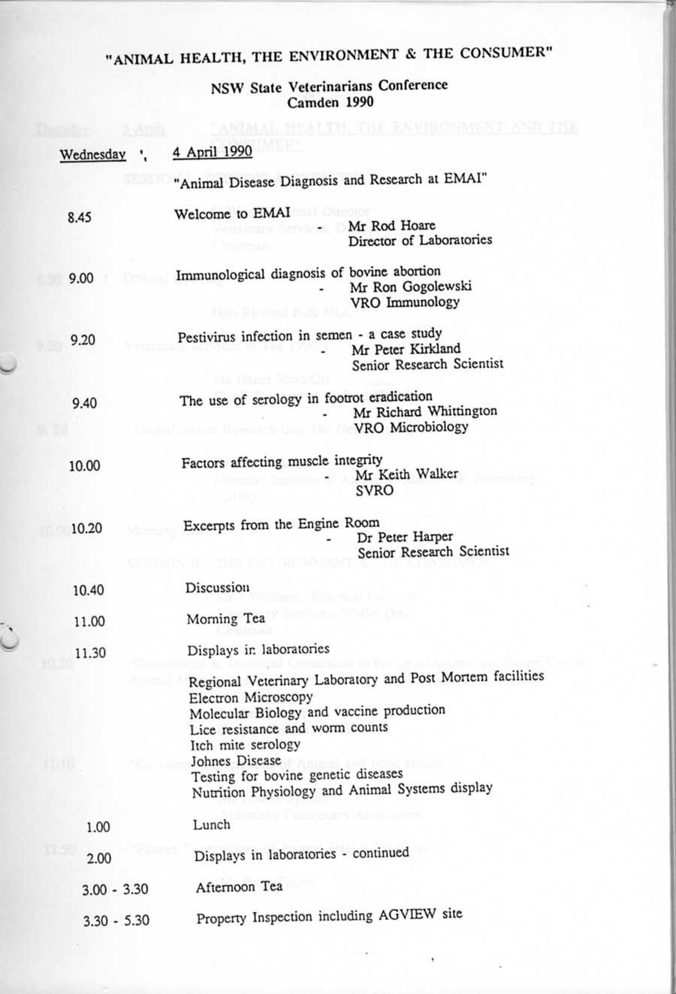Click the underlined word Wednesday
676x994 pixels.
pos(92,155)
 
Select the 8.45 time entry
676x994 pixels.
pos(79,217)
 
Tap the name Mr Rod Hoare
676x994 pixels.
pos(391,226)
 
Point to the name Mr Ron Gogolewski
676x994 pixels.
pos(410,286)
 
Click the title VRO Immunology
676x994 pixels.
pos(405,302)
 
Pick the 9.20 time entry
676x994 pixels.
pos(83,341)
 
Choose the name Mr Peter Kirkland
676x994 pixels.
pos(406,349)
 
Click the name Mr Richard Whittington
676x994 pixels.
pos(425,411)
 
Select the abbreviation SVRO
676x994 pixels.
pos(374,490)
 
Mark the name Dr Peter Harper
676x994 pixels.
pos(405,537)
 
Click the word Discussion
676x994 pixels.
pos(217,588)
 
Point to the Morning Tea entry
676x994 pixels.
pos(225,619)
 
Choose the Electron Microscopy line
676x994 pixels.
pos(251,697)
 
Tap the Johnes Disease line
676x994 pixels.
pos(236,760)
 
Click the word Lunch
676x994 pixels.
pos(211,825)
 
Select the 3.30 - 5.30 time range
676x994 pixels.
pos(116,920)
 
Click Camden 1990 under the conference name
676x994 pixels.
pos(330,102)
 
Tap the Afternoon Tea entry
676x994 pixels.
pos(239,886)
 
